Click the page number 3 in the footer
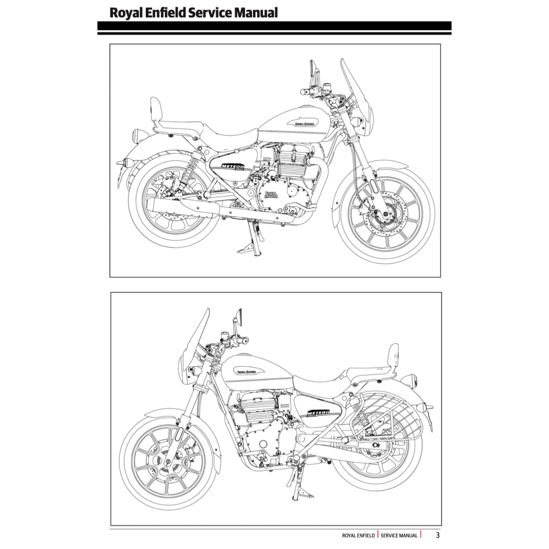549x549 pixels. [x=437, y=535]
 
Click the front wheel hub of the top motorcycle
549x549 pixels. [x=385, y=216]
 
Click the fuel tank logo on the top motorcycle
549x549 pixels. [x=305, y=123]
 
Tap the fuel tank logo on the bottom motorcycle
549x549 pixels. [x=246, y=370]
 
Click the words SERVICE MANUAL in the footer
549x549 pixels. [x=399, y=535]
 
